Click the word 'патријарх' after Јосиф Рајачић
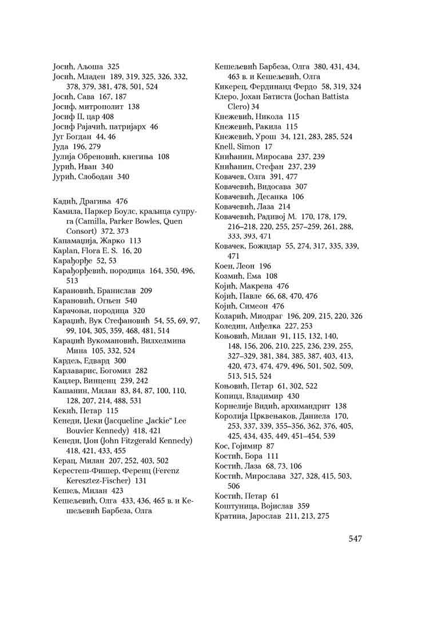pos(123,126)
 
